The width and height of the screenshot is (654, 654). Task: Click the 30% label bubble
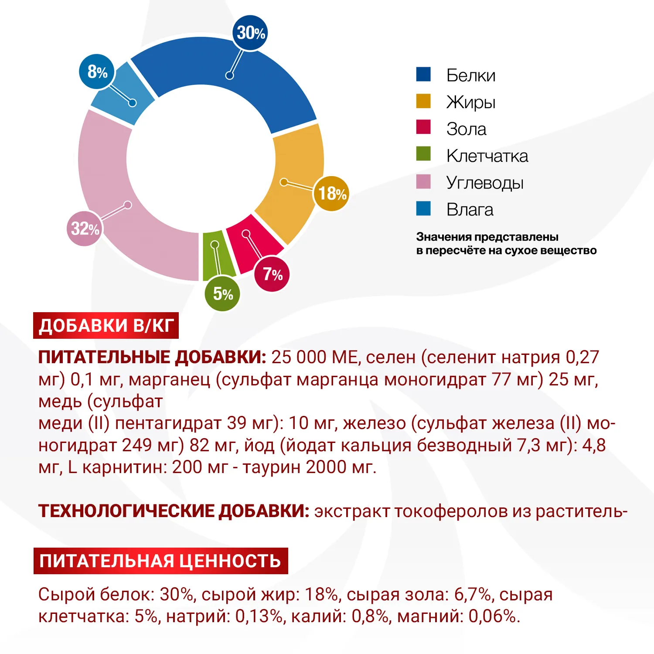click(250, 33)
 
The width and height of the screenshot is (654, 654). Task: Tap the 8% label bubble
click(97, 72)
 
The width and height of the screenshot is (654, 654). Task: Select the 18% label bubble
click(331, 194)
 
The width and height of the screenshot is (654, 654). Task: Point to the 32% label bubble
click(85, 228)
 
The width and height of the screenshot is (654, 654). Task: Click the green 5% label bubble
click(222, 294)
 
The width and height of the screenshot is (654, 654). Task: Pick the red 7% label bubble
click(272, 274)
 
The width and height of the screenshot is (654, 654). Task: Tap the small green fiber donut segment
click(218, 257)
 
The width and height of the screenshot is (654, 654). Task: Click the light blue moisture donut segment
click(122, 94)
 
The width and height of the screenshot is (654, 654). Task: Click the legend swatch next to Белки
click(423, 75)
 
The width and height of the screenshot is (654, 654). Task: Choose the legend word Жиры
click(470, 102)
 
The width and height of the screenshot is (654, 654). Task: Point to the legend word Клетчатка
click(487, 156)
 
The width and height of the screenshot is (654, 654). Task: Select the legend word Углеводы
click(484, 183)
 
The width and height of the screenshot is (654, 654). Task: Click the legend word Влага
click(470, 210)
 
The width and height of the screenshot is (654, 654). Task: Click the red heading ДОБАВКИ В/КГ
click(106, 326)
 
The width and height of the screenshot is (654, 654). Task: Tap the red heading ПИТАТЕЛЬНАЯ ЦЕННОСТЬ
click(160, 561)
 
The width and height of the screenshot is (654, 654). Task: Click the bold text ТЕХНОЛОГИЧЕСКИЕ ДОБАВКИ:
click(174, 511)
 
